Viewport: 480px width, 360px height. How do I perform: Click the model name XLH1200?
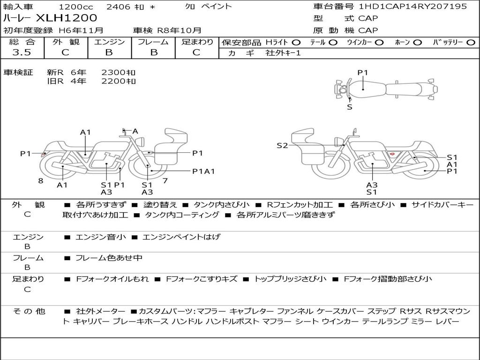[67, 18]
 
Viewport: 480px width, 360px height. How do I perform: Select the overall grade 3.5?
[22, 52]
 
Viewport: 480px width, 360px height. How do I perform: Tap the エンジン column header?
[109, 42]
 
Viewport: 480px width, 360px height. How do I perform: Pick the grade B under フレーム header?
[154, 52]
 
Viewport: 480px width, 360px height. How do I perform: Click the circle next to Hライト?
[296, 43]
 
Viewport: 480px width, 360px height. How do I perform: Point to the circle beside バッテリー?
[471, 43]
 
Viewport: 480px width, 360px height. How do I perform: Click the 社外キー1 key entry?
[283, 53]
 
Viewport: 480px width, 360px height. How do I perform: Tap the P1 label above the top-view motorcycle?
[362, 73]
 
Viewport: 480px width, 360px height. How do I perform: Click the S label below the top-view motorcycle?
[350, 107]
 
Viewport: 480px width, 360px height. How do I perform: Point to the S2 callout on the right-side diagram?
[282, 146]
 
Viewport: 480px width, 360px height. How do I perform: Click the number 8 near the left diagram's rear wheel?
[41, 181]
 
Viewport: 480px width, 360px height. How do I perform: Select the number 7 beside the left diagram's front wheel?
[165, 181]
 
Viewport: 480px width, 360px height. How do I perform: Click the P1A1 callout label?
[203, 172]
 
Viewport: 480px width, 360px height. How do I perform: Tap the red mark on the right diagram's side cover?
[391, 153]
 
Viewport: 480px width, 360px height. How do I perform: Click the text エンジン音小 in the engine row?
[100, 237]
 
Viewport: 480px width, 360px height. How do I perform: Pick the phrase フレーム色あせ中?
[109, 258]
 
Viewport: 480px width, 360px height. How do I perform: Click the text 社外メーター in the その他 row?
[100, 312]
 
